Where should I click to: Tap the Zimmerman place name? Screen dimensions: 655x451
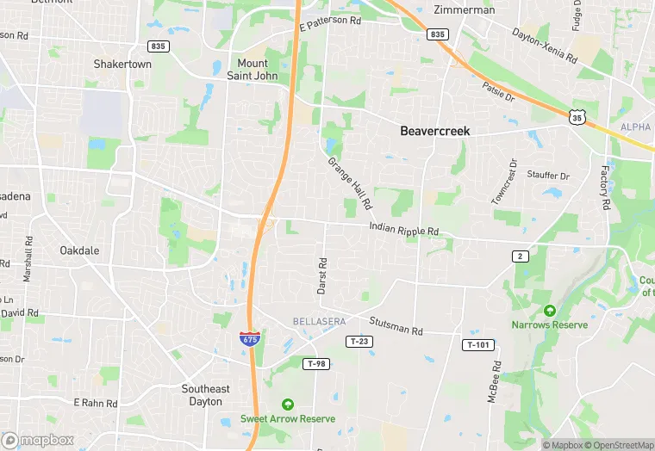point(465,10)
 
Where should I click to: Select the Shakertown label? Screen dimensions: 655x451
point(122,65)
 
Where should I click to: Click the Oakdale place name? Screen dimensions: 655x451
point(79,250)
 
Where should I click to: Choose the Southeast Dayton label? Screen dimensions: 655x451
point(206,395)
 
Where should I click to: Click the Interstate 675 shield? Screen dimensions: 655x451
point(249,337)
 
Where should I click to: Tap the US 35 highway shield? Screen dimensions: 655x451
point(577,115)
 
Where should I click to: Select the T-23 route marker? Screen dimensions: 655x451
point(360,342)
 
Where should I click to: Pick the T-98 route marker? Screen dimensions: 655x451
point(317,364)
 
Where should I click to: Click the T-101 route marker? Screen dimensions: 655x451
point(478,345)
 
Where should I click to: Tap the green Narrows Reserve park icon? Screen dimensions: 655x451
point(549,311)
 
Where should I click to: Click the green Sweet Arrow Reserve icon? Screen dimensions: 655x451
point(288,404)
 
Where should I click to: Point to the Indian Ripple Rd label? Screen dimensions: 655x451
point(404,230)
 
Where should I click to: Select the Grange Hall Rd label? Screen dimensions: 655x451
point(350,183)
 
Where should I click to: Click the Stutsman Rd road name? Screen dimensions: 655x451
point(396,326)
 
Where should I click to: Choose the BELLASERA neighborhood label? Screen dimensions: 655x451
point(319,321)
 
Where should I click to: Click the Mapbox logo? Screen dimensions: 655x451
point(39,440)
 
